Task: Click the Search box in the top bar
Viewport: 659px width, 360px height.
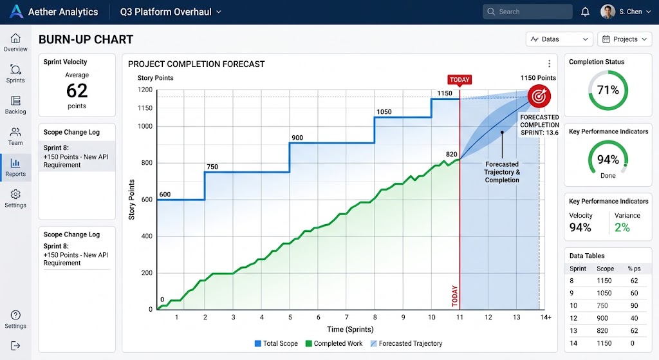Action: tap(528, 12)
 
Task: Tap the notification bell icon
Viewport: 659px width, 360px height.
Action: tap(585, 12)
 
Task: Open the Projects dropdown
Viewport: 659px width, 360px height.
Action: tap(624, 39)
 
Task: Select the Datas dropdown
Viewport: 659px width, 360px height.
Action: tap(559, 39)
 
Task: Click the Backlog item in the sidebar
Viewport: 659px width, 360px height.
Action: tap(15, 105)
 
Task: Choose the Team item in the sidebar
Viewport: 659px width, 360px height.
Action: tap(15, 137)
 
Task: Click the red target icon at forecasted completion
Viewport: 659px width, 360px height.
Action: tap(539, 97)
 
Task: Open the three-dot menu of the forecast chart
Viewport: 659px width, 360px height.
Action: tap(549, 64)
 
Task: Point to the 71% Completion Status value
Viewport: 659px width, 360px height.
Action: tap(608, 90)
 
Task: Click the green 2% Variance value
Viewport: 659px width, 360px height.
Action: tap(622, 227)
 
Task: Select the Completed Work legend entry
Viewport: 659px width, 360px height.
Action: tap(334, 344)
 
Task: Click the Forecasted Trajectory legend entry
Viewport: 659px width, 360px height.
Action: tap(406, 344)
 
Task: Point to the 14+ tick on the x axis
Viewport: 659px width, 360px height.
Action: tap(546, 317)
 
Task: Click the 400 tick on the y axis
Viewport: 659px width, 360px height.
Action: tap(147, 236)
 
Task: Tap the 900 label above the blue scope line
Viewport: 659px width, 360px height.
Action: tap(297, 138)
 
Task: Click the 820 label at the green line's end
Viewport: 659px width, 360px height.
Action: tap(451, 155)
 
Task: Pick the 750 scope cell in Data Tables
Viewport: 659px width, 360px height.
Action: tap(602, 306)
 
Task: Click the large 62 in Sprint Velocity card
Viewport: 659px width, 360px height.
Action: tap(77, 90)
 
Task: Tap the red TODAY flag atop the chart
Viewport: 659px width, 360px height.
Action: tap(459, 80)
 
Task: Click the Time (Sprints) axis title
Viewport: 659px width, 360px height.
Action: tap(350, 329)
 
